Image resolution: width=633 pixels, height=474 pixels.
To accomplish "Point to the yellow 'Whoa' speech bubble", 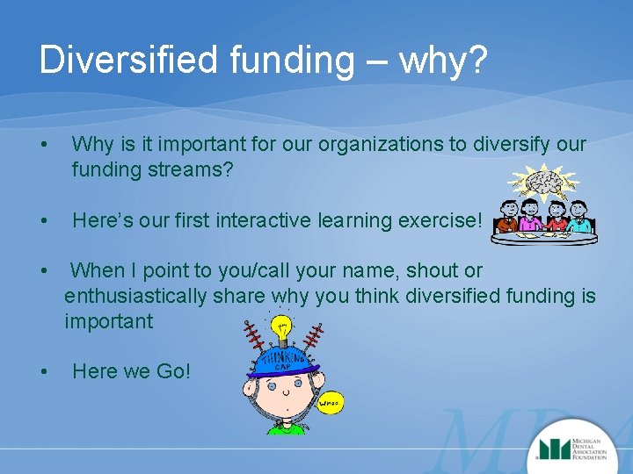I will (329, 402).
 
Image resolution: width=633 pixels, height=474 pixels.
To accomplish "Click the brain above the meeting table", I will (546, 180).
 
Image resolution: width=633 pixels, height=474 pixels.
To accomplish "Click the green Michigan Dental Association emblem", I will (553, 449).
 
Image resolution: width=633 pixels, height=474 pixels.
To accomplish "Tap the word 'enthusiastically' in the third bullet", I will (135, 296).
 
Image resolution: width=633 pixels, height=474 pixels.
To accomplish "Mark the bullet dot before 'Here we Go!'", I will (44, 371).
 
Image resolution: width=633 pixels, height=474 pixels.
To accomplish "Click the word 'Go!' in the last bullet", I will (172, 371).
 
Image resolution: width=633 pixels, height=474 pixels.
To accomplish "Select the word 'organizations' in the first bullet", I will (331, 144).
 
